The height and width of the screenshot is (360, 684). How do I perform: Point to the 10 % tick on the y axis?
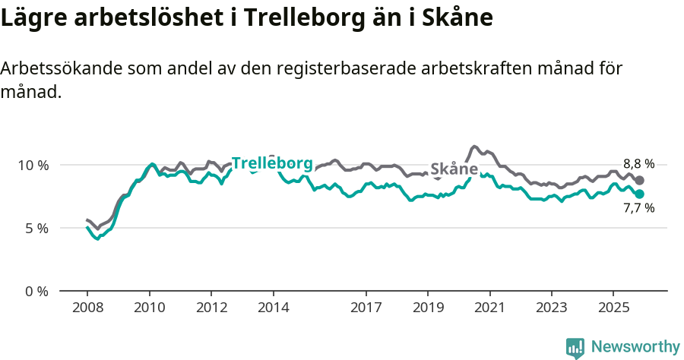[x=33, y=166]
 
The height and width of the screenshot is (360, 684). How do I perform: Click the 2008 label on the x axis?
[x=87, y=308]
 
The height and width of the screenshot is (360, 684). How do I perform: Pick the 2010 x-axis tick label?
[x=149, y=308]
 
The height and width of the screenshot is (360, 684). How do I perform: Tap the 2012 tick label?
[x=211, y=308]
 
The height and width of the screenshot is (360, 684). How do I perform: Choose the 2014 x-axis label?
[x=273, y=308]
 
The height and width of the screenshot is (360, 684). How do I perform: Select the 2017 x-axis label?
[x=366, y=308]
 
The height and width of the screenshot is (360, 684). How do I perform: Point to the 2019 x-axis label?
[x=427, y=308]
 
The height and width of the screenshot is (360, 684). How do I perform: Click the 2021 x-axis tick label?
[x=489, y=308]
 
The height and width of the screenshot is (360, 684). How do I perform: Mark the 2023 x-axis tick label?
[x=551, y=308]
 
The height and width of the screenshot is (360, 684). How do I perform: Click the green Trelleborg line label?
[x=271, y=163]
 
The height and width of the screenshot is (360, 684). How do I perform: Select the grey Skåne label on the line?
[x=454, y=169]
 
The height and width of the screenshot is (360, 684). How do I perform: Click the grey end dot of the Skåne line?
[x=640, y=180]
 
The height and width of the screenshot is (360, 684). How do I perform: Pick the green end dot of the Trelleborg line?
[x=640, y=194]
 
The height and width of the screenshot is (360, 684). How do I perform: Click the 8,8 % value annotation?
[x=638, y=164]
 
